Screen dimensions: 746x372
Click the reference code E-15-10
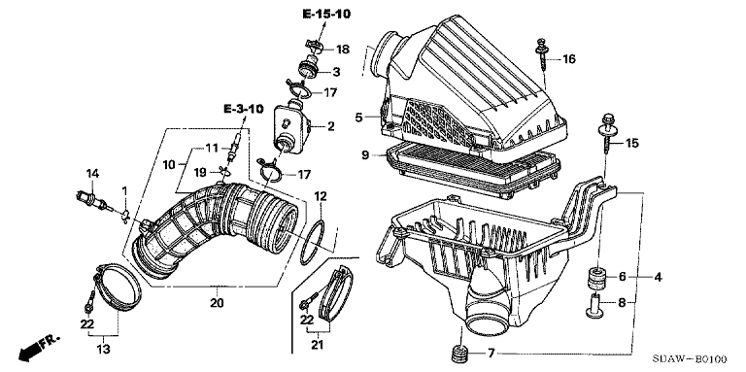tap(326, 14)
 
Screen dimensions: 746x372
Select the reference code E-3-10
tap(243, 110)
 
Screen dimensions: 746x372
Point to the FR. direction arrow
tap(39, 347)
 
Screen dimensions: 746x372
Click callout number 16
tap(569, 59)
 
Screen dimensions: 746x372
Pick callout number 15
tap(632, 143)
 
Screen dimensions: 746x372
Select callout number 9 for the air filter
tap(365, 155)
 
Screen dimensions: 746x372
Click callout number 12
tap(320, 195)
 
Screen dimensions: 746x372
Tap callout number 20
tap(217, 302)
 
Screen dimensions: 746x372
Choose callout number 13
tap(103, 350)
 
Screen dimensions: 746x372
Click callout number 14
tap(92, 174)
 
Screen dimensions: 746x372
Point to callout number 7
tap(491, 353)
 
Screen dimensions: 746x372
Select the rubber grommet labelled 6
tap(595, 279)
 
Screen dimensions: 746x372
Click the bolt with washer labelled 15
tap(608, 134)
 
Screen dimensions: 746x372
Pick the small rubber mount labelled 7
tap(459, 354)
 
